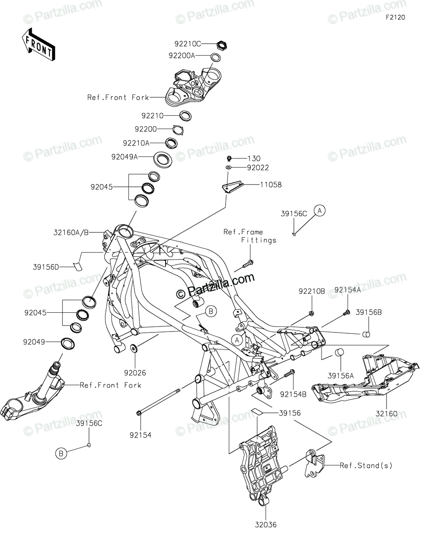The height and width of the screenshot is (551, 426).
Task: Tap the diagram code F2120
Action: point(396,18)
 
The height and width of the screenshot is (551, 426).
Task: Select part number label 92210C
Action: point(188,44)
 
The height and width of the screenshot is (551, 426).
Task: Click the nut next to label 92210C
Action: point(222,45)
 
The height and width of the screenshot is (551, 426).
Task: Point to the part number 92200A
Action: point(182,56)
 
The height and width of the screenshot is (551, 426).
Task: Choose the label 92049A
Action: point(124,156)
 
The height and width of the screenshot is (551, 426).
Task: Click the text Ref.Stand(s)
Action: point(366,465)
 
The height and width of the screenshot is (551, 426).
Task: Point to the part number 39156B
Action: point(369,312)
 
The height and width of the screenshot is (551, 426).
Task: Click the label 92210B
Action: point(312,291)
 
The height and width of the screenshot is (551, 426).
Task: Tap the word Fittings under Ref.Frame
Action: point(259,240)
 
